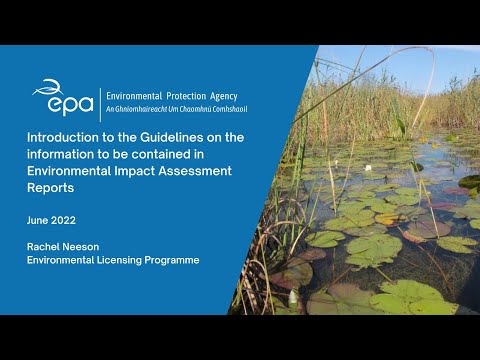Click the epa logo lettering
point(62,102)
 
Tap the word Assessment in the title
point(198,171)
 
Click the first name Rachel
point(46,245)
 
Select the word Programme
point(175,261)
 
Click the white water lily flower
point(368,168)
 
